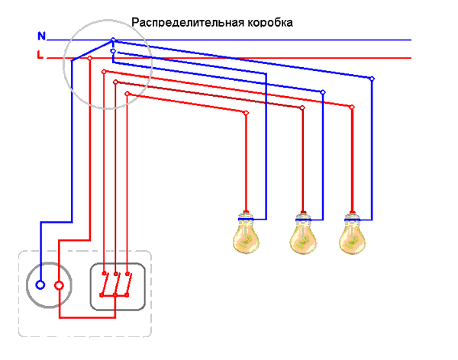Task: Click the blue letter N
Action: [41, 36]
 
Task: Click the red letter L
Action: [40, 55]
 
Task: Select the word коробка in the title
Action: [267, 22]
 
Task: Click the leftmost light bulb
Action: [246, 232]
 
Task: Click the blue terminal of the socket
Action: [40, 285]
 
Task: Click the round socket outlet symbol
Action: [49, 285]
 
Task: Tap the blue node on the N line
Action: [113, 40]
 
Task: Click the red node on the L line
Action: [90, 57]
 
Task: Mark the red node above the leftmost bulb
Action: [246, 113]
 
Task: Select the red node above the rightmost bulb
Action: [352, 108]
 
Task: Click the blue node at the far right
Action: [373, 79]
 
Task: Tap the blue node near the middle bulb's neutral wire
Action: [323, 92]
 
